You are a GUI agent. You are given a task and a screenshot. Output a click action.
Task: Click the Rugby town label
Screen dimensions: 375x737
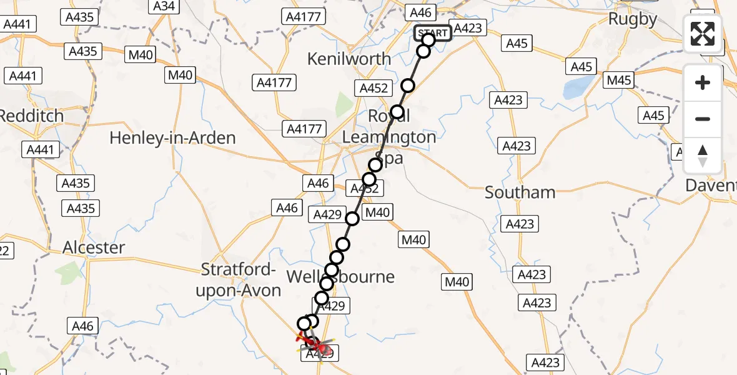click(633, 19)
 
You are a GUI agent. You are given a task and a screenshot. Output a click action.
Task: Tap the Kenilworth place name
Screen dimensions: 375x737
click(350, 59)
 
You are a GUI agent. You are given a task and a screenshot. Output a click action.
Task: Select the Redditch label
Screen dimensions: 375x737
click(31, 116)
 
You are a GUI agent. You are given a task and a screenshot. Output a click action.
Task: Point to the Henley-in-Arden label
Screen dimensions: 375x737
click(172, 138)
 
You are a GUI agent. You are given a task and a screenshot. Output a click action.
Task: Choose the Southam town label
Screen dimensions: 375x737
click(520, 192)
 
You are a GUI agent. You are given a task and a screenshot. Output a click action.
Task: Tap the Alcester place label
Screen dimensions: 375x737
click(94, 247)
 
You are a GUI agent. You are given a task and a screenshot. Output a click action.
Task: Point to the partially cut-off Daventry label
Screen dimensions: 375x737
click(711, 185)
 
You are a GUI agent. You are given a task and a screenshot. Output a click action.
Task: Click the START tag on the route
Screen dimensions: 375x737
click(432, 33)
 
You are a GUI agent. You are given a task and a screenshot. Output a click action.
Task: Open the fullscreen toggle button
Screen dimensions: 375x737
click(703, 34)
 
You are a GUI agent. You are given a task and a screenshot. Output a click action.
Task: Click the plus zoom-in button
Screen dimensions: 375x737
click(703, 82)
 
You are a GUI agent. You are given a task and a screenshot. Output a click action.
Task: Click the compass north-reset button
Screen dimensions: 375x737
click(703, 156)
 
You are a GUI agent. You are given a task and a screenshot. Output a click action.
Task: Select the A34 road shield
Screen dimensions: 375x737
click(164, 6)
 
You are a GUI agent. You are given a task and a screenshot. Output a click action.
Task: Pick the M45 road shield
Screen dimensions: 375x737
click(619, 79)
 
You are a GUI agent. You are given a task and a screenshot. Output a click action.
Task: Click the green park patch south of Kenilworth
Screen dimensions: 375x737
click(344, 105)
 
